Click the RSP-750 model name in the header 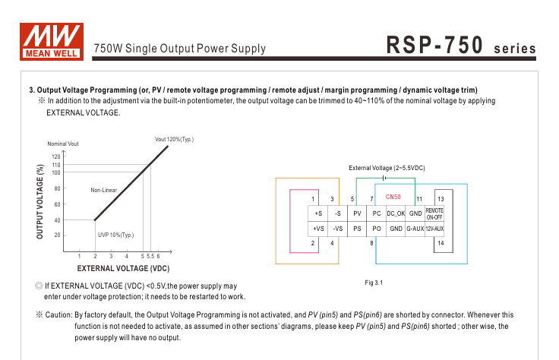[x=434, y=46]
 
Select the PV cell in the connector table [x=357, y=214]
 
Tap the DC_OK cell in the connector [x=396, y=214]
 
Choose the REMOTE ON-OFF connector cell [x=434, y=213]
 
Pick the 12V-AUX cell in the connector [x=434, y=229]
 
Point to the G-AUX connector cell [x=415, y=229]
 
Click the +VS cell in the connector [x=318, y=229]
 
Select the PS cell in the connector [x=357, y=229]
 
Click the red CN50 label [x=393, y=197]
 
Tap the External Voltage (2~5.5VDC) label [x=387, y=167]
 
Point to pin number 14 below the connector [x=440, y=243]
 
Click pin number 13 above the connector [x=440, y=199]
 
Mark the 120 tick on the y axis [x=56, y=156]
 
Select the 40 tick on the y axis [x=57, y=220]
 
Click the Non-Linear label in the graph [x=103, y=189]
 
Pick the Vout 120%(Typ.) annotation [x=174, y=139]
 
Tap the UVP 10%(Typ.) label [x=115, y=235]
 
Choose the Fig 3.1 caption [x=374, y=283]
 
